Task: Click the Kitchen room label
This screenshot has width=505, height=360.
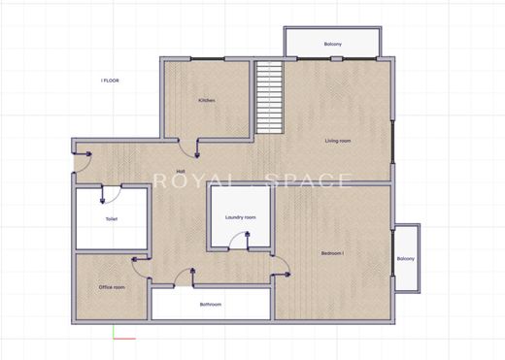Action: [207, 100]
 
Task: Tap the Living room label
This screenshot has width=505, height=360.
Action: [338, 141]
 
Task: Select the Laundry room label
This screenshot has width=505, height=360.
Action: [241, 217]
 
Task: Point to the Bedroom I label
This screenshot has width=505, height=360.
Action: [332, 253]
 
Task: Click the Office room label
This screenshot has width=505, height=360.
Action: [112, 287]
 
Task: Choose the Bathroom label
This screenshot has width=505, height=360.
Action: [211, 305]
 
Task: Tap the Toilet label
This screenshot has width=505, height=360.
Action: [112, 219]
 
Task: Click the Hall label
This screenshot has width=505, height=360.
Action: [181, 171]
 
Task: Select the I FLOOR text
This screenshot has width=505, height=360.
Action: [110, 81]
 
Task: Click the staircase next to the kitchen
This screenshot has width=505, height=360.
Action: [269, 97]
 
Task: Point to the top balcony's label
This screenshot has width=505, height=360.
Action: [333, 44]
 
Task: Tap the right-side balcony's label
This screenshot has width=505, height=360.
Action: [406, 259]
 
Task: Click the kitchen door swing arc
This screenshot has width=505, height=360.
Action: [185, 152]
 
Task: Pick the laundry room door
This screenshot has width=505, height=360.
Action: [239, 240]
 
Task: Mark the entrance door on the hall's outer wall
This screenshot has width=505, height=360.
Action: [83, 162]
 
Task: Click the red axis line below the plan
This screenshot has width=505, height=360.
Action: [124, 339]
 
